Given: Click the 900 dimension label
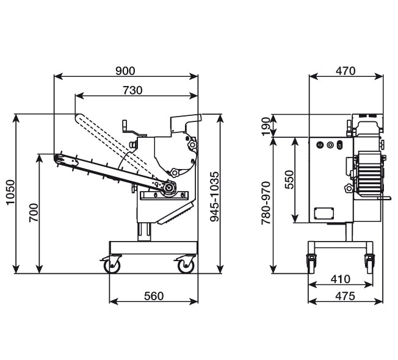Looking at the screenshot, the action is tap(125, 71).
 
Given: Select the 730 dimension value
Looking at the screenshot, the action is tap(132, 90).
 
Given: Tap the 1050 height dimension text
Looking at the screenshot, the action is tap(10, 192).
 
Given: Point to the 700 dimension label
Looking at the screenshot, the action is tap(33, 213).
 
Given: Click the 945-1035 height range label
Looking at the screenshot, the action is tap(214, 196).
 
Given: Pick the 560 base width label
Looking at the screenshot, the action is tap(154, 296).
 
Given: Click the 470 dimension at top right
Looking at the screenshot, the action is tap(346, 71).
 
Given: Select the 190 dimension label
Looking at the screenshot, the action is tap(266, 126).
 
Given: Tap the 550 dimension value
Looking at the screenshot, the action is tap(289, 179).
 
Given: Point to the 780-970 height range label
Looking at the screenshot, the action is tap(266, 203).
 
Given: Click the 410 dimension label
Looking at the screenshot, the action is tap(341, 279).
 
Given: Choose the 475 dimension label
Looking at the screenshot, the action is tap(345, 296).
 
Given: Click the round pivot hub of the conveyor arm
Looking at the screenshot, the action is tap(168, 188).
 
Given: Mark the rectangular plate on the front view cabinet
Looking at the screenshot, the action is tap(324, 214).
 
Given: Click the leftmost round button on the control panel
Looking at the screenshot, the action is tap(320, 145).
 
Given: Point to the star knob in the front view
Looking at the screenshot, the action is tap(349, 189).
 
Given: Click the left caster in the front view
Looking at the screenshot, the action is tap(311, 264).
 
